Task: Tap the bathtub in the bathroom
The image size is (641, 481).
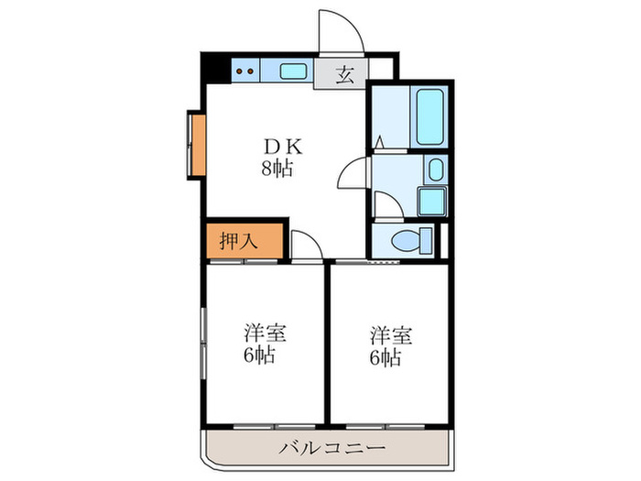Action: click(429, 117)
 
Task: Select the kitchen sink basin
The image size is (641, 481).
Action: click(293, 71)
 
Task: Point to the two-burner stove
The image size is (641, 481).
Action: click(244, 70)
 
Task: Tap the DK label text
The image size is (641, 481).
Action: click(276, 147)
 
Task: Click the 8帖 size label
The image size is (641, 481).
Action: click(276, 169)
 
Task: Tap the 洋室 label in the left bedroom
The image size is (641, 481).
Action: click(263, 333)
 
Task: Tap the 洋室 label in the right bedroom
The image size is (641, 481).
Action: click(391, 333)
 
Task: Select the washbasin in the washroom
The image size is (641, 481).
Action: click(436, 170)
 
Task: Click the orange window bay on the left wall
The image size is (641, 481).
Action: click(196, 146)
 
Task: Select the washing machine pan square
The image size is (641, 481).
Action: click(429, 201)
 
